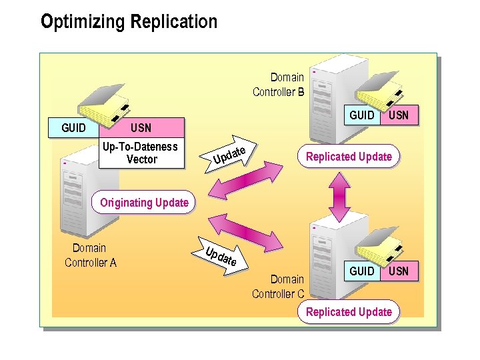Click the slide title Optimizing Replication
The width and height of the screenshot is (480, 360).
pyautogui.click(x=129, y=22)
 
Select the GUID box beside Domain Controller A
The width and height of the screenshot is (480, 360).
pyautogui.click(x=73, y=127)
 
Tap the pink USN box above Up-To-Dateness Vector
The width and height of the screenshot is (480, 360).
pyautogui.click(x=141, y=127)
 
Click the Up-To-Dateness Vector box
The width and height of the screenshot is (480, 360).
pyautogui.click(x=141, y=153)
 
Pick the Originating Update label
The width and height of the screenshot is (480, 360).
pyautogui.click(x=144, y=203)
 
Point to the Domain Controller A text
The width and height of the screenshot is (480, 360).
pyautogui.click(x=90, y=255)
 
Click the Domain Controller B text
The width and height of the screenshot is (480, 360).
pyautogui.click(x=279, y=85)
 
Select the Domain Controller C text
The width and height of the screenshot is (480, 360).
pyautogui.click(x=278, y=287)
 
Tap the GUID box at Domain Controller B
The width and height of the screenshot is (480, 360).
pyautogui.click(x=362, y=115)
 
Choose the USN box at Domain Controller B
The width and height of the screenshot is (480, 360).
pyautogui.click(x=399, y=115)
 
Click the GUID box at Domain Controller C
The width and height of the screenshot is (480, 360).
pyautogui.click(x=362, y=271)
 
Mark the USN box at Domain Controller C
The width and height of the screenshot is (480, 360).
pyautogui.click(x=399, y=271)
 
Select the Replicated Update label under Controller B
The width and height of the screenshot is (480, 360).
pyautogui.click(x=349, y=157)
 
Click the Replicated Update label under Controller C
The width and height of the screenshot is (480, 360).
pyautogui.click(x=349, y=311)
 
